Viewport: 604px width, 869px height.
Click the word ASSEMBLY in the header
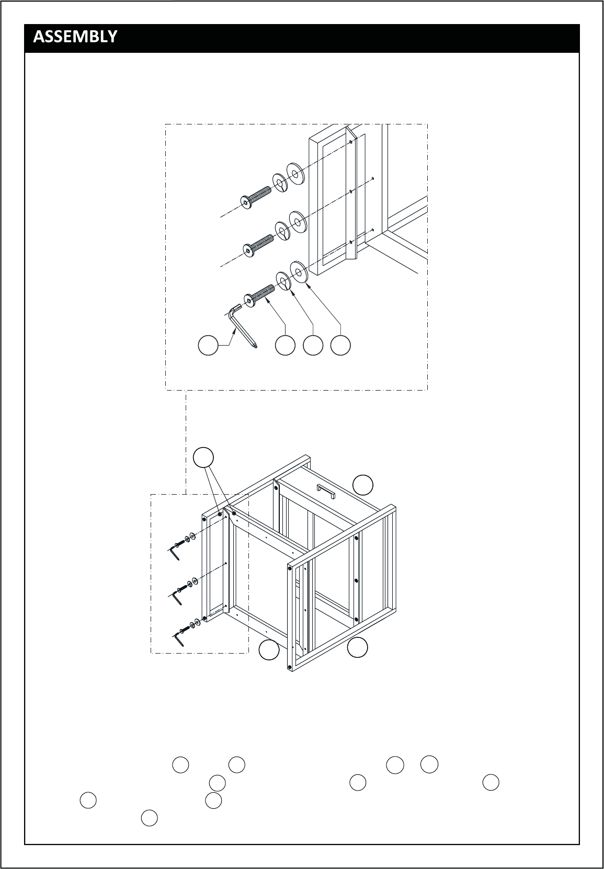[x=75, y=37]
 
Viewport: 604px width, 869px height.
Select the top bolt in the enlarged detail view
[x=256, y=197]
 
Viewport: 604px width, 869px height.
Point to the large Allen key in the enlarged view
[x=242, y=325]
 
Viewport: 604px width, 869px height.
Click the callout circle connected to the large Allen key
[x=208, y=345]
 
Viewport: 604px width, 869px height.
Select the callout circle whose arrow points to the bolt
[x=285, y=345]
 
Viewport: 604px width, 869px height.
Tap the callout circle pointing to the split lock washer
[x=313, y=345]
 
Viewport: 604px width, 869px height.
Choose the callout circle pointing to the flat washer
[x=340, y=345]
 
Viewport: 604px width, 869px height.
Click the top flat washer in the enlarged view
[x=295, y=173]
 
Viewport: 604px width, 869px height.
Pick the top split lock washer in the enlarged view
[x=280, y=183]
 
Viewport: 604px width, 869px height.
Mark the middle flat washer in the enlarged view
[x=298, y=222]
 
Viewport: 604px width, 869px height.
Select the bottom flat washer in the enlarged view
[x=299, y=272]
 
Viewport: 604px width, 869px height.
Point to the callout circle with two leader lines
[x=203, y=458]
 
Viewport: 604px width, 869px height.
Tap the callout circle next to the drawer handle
[x=363, y=485]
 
